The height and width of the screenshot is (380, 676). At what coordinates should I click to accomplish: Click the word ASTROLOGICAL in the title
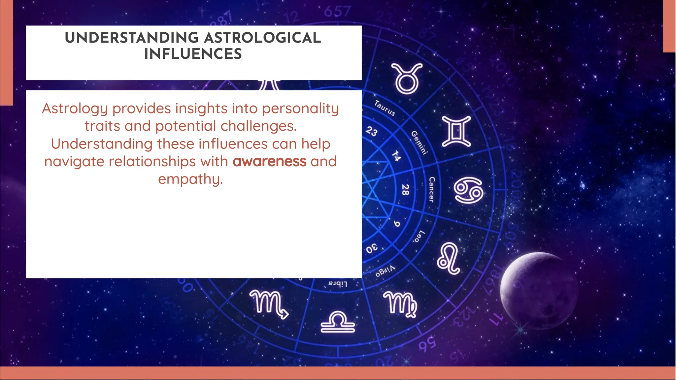pos(262,38)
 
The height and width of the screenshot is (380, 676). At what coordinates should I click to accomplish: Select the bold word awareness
pos(269,162)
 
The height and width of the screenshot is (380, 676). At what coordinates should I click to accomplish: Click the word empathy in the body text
pos(190,179)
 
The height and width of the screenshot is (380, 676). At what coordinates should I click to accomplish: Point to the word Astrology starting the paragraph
pos(75,109)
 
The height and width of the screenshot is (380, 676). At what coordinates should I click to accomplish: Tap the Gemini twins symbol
pos(456,131)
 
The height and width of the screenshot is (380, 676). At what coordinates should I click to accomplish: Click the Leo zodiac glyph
pos(449,258)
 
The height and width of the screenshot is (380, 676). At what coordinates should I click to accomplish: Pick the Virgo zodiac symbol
pos(400,304)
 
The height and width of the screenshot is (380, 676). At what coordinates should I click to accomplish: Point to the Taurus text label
pos(385,108)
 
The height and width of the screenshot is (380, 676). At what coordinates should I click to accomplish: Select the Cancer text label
pos(431,190)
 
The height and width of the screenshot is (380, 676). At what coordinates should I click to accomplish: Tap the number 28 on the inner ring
pos(405,190)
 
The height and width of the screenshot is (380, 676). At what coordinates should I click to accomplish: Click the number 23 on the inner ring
pos(371,131)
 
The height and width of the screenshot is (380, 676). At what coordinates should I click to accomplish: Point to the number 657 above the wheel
pos(337,12)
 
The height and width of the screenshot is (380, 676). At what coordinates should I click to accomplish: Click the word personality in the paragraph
pos(300,109)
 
